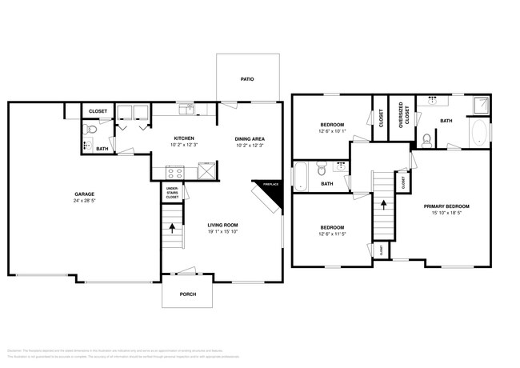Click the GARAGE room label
(85, 194)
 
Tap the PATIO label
(248, 79)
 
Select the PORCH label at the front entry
(187, 294)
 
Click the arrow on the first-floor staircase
(173, 226)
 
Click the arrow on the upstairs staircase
(383, 204)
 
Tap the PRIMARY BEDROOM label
(446, 206)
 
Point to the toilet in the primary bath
(427, 140)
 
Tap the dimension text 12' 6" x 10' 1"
(332, 132)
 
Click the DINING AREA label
(250, 138)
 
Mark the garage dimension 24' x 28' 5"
(85, 201)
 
